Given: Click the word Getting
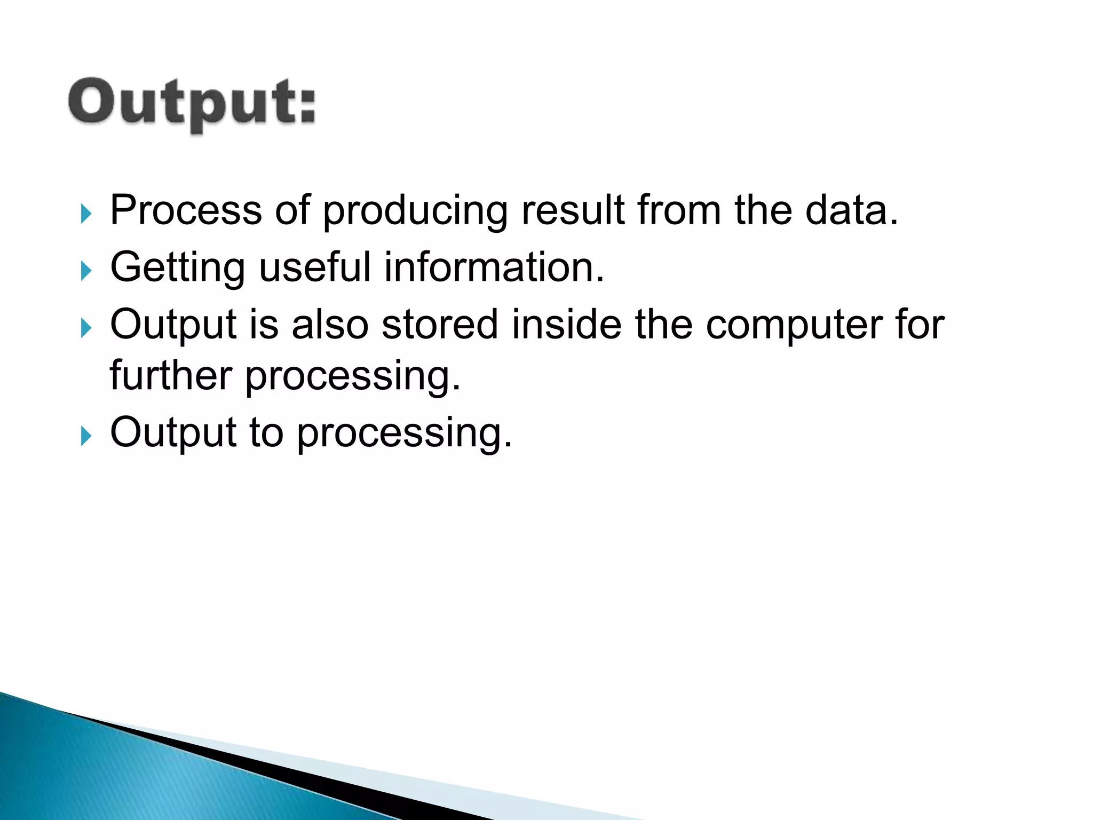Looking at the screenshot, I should pyautogui.click(x=178, y=267).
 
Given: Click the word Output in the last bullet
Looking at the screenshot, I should pyautogui.click(x=173, y=433).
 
